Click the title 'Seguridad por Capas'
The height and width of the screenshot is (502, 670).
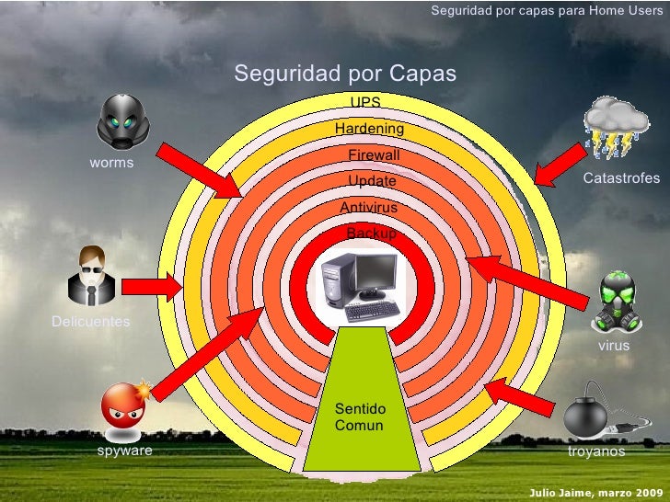coord(345,74)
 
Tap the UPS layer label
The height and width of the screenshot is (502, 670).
coord(365,102)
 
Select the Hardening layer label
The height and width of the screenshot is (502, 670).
coord(370,128)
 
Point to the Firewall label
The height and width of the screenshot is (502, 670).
coord(374,154)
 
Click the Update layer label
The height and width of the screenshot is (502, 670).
coord(372,181)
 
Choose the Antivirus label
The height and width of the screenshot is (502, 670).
coord(369,208)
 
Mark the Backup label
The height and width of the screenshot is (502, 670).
coord(371,234)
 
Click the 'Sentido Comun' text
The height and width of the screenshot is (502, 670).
coord(360,416)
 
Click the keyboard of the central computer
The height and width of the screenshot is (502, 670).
coord(372,311)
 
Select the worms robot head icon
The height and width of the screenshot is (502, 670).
coord(123,121)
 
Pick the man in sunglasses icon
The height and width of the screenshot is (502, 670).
coord(91,275)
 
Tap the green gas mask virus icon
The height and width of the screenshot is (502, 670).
coord(617,302)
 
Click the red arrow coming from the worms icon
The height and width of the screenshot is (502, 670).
coord(199,171)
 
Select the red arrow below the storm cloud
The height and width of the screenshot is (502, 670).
coord(560,165)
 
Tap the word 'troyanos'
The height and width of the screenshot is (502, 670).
coord(596,451)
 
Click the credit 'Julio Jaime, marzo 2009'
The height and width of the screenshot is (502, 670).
coord(596,493)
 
